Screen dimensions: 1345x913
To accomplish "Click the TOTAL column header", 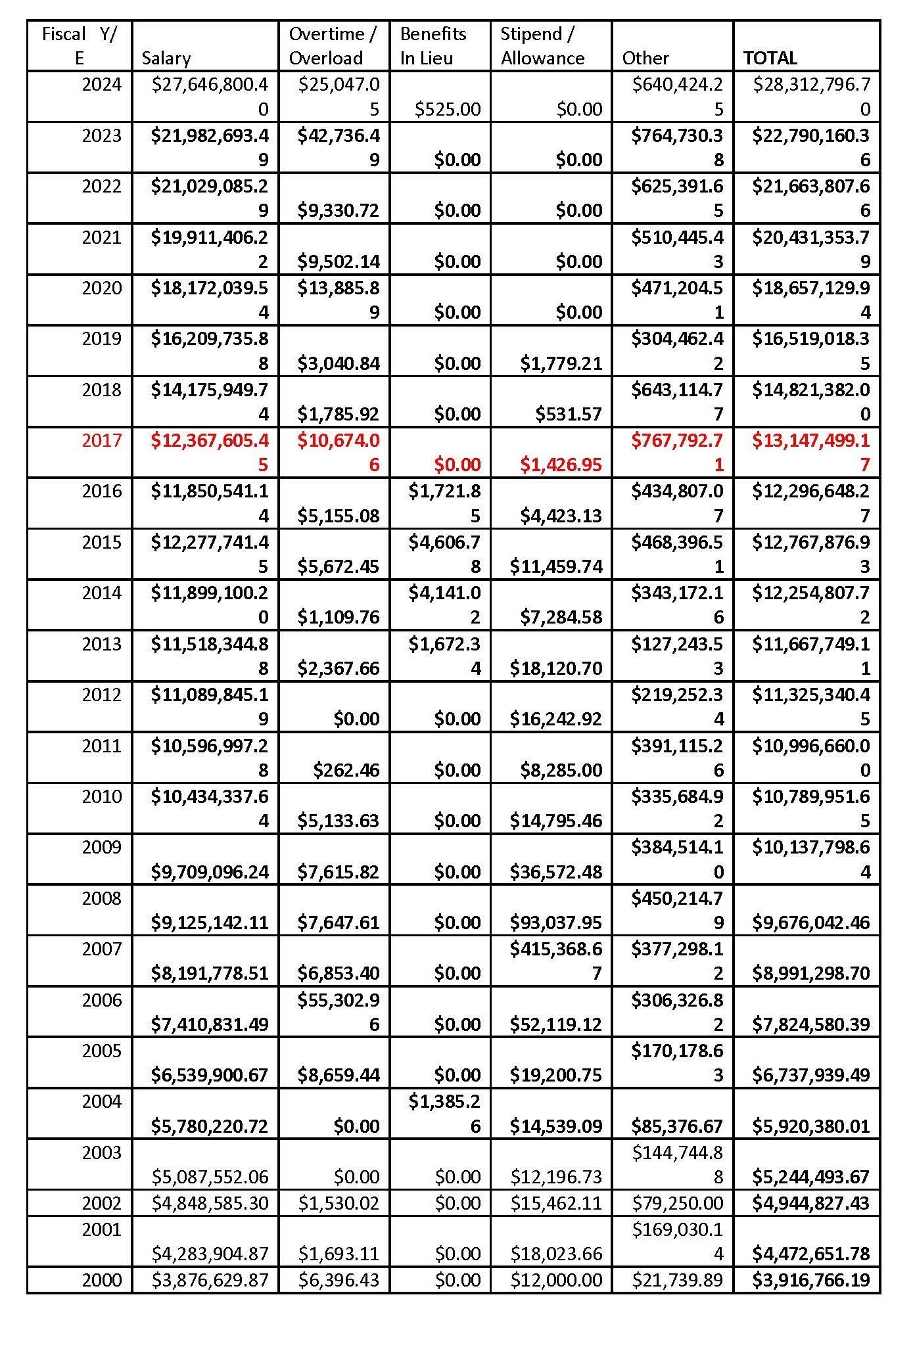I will [x=770, y=58].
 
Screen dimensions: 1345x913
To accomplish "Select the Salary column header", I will [x=166, y=58].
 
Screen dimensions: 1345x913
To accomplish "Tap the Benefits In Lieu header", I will [x=433, y=46].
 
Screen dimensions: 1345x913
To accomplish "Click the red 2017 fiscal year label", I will [x=102, y=440].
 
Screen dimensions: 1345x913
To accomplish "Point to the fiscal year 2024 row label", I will [x=102, y=84].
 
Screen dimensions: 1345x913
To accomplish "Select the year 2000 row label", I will [x=102, y=1279].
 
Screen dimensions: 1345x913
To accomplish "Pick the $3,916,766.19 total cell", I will [x=811, y=1279].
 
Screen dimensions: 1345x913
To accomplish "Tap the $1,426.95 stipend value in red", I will [x=561, y=465].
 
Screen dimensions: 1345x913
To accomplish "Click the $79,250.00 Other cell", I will [x=677, y=1202].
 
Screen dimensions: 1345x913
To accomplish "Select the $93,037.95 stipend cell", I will [x=556, y=922].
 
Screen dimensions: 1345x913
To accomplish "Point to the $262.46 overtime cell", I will [x=346, y=769].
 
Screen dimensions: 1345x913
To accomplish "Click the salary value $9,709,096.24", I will [x=210, y=871].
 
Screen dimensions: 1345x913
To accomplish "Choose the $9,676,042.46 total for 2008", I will [x=811, y=922].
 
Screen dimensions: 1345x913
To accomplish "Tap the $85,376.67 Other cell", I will [x=677, y=1126].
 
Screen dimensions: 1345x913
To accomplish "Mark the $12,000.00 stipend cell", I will [x=556, y=1279].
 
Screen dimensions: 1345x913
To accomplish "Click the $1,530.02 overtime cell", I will [x=339, y=1202].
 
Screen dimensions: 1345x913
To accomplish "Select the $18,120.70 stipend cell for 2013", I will [x=556, y=668].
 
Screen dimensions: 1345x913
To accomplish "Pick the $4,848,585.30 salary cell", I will [x=210, y=1202].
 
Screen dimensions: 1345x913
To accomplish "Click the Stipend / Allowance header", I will [x=542, y=46].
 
